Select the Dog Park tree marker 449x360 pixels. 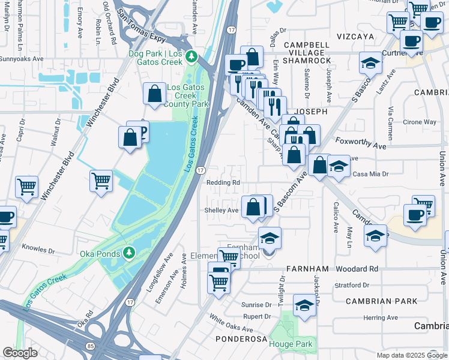tap(191, 57)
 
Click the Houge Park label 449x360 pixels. tap(291, 344)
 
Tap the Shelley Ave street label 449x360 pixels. tap(221, 210)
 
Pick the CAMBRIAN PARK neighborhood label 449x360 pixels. tap(377, 301)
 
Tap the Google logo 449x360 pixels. tap(20, 353)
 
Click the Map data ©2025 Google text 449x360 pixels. tap(411, 355)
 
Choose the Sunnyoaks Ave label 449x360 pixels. tap(22, 59)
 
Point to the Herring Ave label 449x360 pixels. tap(380, 317)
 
